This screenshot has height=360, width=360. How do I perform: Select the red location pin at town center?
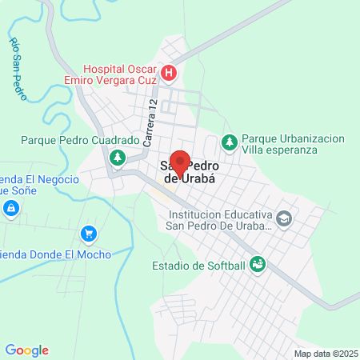(x=180, y=163)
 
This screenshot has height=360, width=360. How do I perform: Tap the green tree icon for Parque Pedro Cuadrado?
(x=118, y=157)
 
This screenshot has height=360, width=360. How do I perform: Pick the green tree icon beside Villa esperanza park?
(x=230, y=142)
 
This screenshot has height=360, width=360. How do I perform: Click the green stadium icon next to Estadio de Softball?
(x=258, y=263)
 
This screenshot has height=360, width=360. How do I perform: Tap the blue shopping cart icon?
(x=89, y=234)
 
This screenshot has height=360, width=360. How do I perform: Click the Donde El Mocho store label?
(x=36, y=255)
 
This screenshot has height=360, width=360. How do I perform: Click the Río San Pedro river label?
(x=18, y=67)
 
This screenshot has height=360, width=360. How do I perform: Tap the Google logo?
(x=27, y=350)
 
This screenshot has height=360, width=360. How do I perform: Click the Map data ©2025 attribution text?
(x=324, y=354)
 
